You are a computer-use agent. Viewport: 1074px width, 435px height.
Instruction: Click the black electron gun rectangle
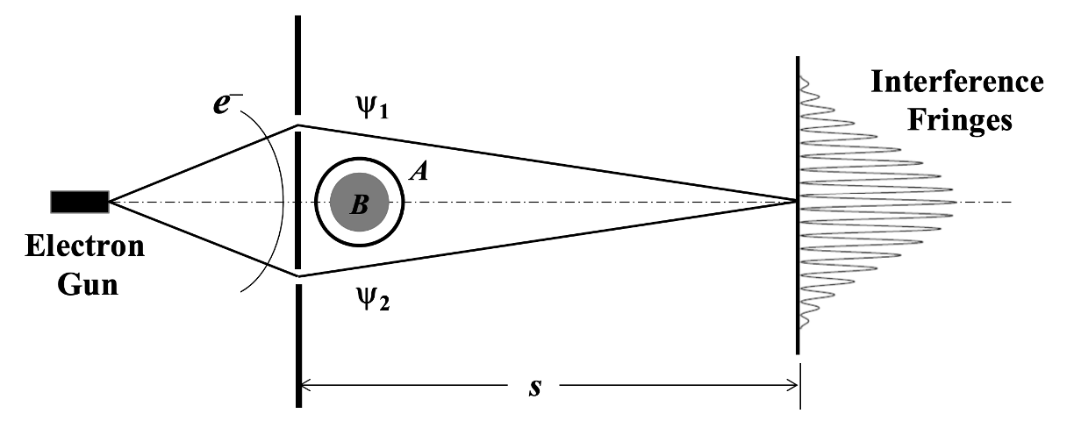pos(79,202)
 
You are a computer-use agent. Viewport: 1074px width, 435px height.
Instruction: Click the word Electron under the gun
pos(84,246)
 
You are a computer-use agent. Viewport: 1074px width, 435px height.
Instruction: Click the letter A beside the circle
pos(419,173)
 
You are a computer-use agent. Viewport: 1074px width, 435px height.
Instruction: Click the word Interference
pos(956,83)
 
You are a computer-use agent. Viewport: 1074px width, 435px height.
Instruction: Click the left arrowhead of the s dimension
pos(306,383)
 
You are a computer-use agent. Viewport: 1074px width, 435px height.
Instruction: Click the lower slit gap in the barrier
pos(299,279)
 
